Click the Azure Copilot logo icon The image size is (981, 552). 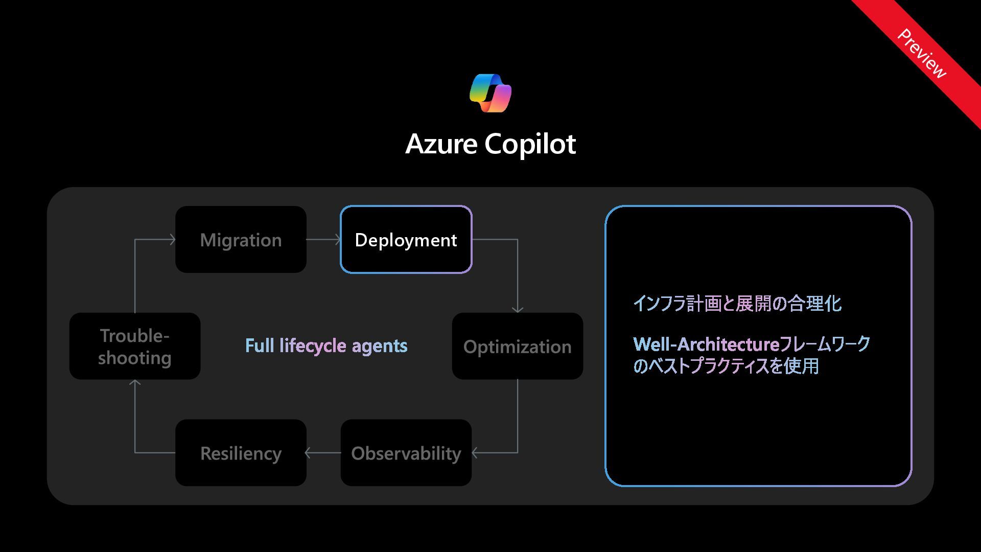491,93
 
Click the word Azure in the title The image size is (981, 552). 441,144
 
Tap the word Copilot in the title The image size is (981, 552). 530,144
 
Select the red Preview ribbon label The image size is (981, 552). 922,54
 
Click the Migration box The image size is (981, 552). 241,239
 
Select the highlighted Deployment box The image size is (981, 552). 406,239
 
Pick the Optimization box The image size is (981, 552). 517,346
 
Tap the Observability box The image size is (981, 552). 406,453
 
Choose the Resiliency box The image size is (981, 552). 241,453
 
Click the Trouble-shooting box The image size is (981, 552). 135,346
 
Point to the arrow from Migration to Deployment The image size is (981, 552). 323,239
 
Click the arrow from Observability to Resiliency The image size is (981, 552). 323,453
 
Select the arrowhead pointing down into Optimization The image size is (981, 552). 518,309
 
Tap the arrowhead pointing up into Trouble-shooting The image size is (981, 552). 135,383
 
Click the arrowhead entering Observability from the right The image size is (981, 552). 475,453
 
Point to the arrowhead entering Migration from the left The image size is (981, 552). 172,239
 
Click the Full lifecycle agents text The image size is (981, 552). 326,346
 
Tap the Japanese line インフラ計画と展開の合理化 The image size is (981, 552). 737,304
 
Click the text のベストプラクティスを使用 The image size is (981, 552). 726,366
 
